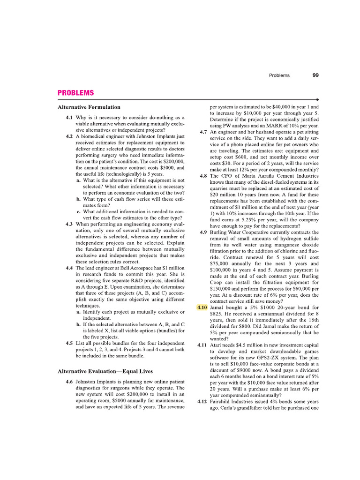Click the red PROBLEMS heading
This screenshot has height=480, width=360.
click(x=75, y=93)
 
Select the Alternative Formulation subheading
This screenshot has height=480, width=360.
click(x=89, y=107)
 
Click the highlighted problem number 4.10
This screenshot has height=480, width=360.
click(x=202, y=307)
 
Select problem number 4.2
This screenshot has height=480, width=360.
click(x=69, y=136)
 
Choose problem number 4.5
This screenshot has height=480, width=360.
click(x=69, y=343)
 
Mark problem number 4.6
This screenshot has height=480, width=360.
click(x=69, y=382)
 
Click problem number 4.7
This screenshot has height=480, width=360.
click(x=203, y=132)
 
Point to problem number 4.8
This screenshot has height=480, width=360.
click(x=203, y=176)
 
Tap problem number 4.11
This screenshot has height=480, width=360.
click(x=202, y=345)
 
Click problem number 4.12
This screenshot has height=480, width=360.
click(x=202, y=401)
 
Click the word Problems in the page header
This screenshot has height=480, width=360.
click(x=279, y=75)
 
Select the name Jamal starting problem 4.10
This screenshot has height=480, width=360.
click(x=218, y=307)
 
